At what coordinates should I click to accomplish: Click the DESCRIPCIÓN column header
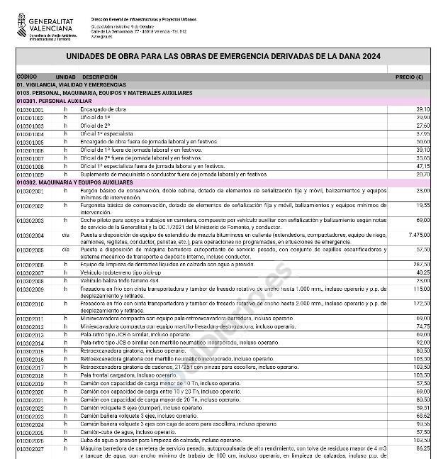coord(100,77)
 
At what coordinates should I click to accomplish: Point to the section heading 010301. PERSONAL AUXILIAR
coord(50,101)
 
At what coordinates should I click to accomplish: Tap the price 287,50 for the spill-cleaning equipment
coord(422,264)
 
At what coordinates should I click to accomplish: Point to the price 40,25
coord(423,272)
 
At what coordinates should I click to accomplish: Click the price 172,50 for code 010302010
coord(422,304)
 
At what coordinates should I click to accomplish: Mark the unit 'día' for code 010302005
coord(66,250)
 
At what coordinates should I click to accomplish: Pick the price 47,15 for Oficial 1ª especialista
coord(423,166)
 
